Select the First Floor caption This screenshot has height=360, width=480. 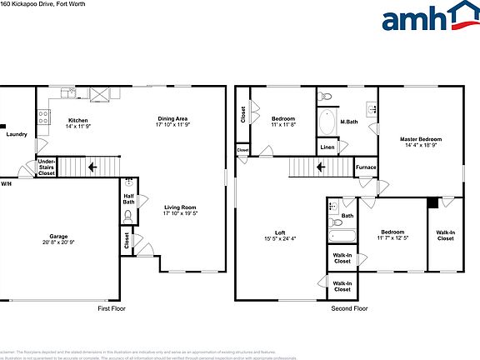[x=115, y=308]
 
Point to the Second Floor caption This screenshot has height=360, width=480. [x=348, y=308]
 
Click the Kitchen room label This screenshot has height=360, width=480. [x=77, y=121]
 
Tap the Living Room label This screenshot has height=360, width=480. [x=179, y=210]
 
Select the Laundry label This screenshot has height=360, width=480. [x=17, y=134]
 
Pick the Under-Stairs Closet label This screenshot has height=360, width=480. [x=47, y=167]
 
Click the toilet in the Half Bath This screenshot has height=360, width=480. [x=128, y=217]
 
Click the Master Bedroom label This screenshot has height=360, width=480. [x=420, y=142]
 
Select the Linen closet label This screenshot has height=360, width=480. [x=327, y=148]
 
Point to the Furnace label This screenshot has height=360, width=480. [x=366, y=167]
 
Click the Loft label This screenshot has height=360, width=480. [x=281, y=236]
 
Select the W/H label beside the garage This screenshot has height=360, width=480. [x=6, y=183]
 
